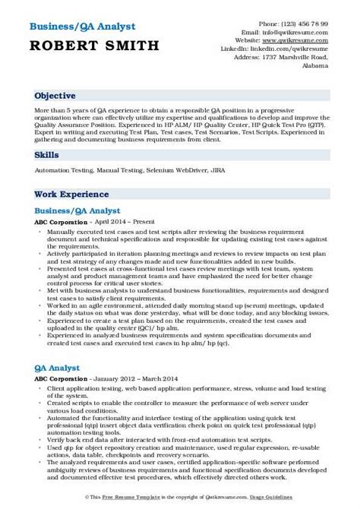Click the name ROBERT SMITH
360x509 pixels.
(96, 46)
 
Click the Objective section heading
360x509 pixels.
(54, 96)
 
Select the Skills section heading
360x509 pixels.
(46, 153)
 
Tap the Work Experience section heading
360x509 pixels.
(68, 194)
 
